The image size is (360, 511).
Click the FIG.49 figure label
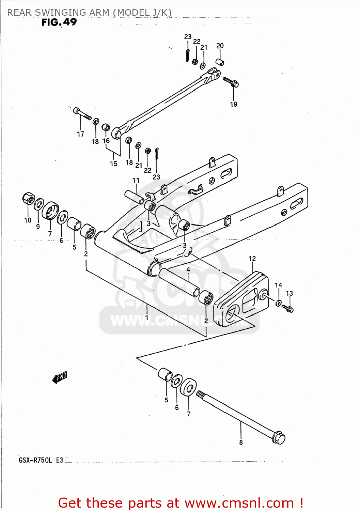pyautogui.click(x=59, y=22)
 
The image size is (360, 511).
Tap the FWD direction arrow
pyautogui.click(x=60, y=377)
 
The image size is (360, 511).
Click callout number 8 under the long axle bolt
pyautogui.click(x=241, y=443)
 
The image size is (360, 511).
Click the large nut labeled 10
pyautogui.click(x=29, y=198)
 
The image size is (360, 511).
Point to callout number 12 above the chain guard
pyautogui.click(x=252, y=259)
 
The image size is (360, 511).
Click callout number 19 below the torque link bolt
pyautogui.click(x=233, y=104)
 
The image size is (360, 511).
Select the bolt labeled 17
pyautogui.click(x=82, y=114)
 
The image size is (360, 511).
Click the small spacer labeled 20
pyautogui.click(x=220, y=62)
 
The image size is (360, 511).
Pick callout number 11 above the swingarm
pyautogui.click(x=136, y=181)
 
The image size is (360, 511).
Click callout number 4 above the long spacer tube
pyautogui.click(x=188, y=269)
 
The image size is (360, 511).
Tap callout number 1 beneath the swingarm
pyautogui.click(x=146, y=317)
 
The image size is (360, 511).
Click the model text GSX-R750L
pyautogui.click(x=35, y=460)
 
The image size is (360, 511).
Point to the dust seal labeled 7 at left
pyautogui.click(x=50, y=211)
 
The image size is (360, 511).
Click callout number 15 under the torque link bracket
pyautogui.click(x=113, y=164)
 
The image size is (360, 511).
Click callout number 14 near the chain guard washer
pyautogui.click(x=278, y=285)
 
